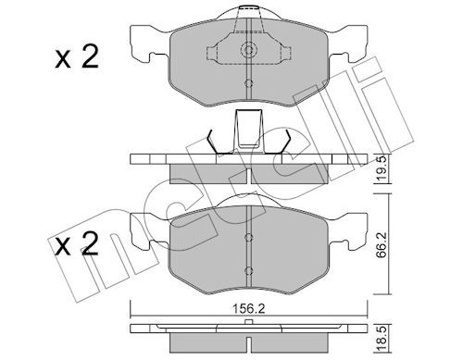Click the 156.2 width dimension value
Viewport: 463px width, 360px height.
[x=249, y=309]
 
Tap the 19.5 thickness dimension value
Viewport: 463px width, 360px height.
[x=382, y=169]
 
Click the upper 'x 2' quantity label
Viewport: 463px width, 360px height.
[x=77, y=56]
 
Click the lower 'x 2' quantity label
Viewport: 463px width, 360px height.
[x=77, y=243]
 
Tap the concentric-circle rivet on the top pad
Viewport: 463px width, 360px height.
[x=248, y=49]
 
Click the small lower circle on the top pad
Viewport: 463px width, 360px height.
[x=248, y=83]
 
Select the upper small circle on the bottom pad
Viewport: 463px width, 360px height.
[x=248, y=237]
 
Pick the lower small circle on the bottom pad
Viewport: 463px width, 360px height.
[x=248, y=271]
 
